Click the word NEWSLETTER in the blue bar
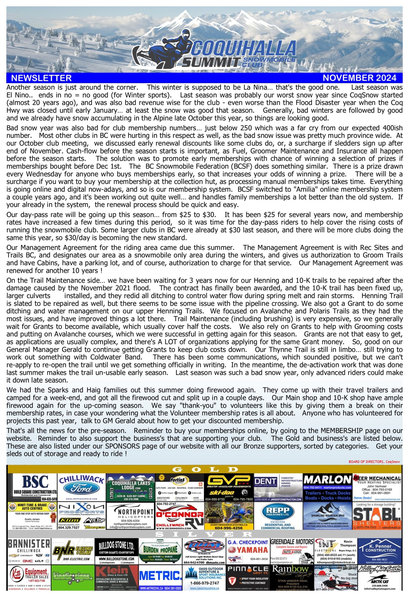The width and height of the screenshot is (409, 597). [x=41, y=78]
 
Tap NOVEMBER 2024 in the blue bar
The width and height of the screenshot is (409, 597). [x=359, y=78]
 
